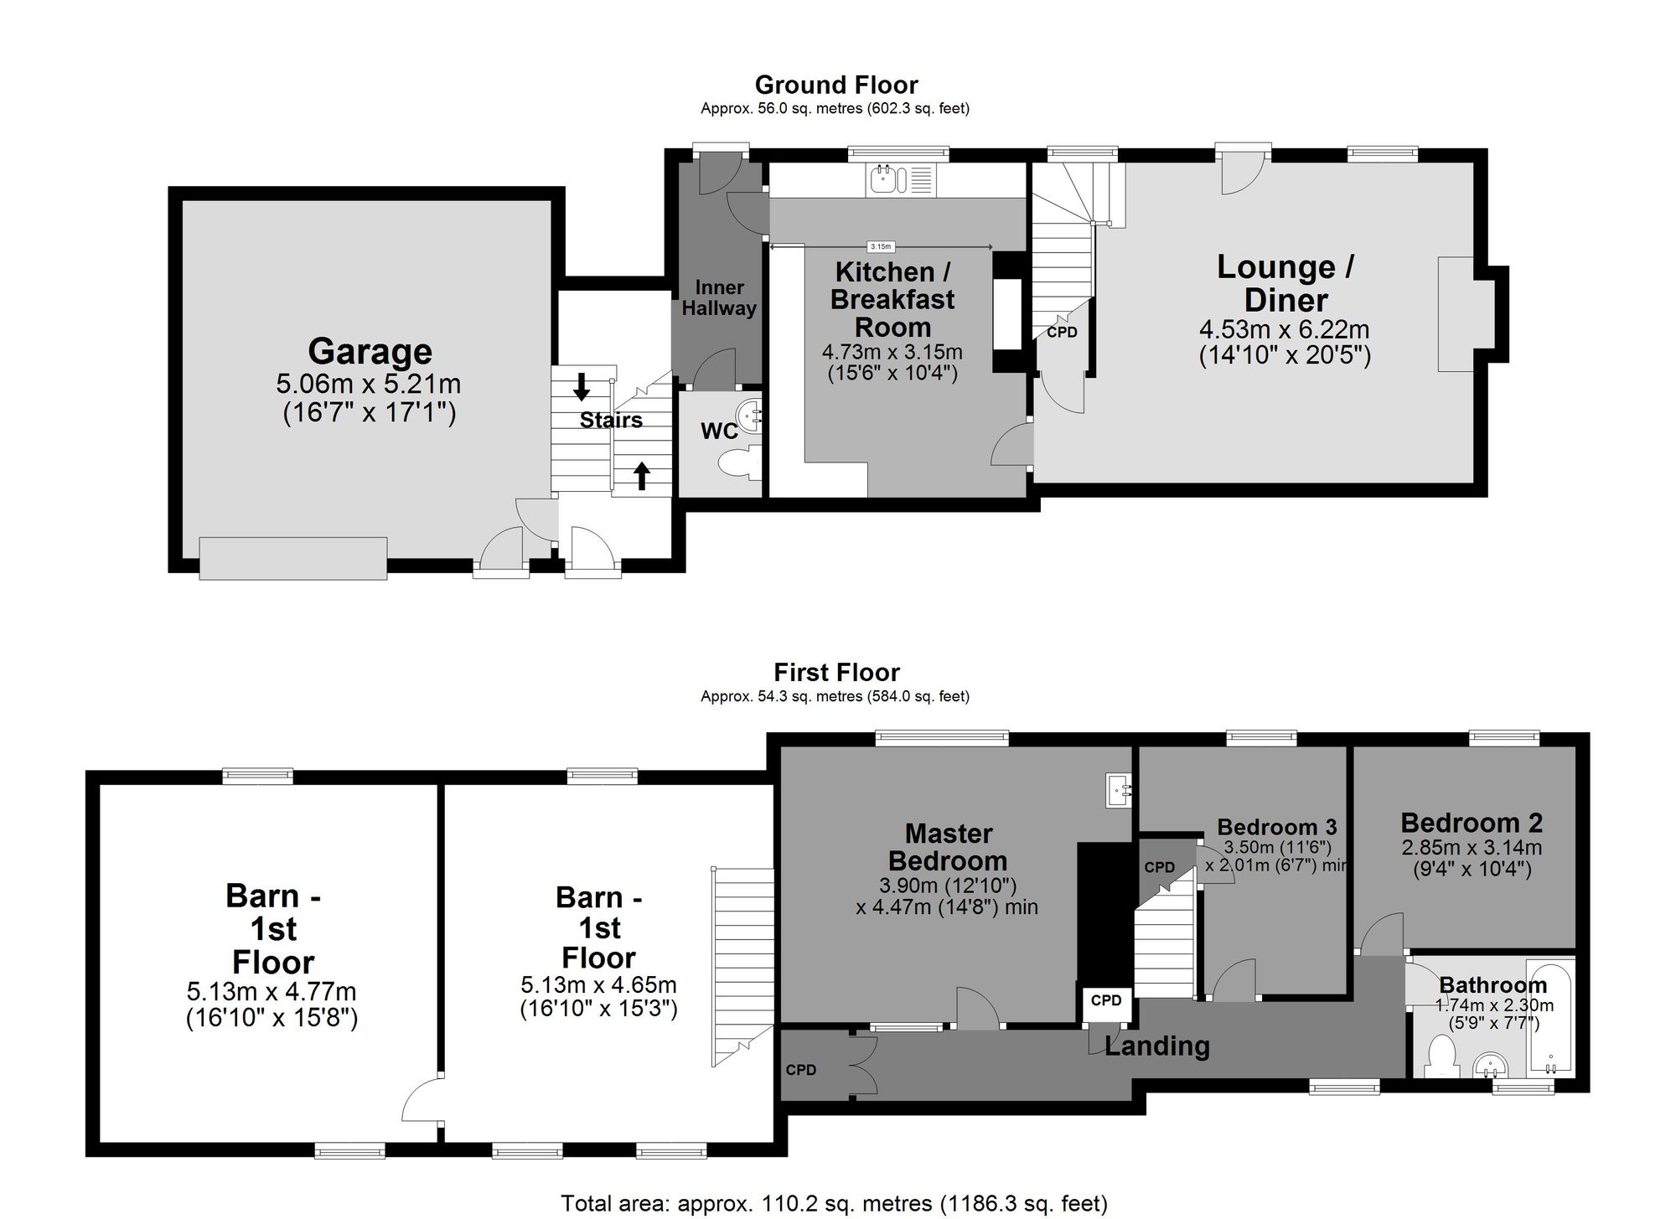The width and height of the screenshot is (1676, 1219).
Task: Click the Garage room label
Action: click(370, 352)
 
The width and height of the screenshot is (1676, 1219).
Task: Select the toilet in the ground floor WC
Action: click(738, 463)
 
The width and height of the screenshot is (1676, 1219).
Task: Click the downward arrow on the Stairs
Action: click(581, 387)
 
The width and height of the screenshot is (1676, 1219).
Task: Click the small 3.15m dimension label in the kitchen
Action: click(881, 246)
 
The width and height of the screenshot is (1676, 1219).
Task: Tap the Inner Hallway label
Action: click(719, 298)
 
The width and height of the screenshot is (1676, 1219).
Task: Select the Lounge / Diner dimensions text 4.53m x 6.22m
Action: click(1284, 329)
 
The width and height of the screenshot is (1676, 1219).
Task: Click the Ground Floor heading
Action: click(835, 85)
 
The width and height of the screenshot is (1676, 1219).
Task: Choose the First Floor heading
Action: click(835, 673)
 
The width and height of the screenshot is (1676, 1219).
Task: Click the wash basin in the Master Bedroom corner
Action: click(1119, 790)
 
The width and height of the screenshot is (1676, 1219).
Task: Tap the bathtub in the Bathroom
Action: click(1552, 1018)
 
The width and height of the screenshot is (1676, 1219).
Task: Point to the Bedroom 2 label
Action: click(1471, 823)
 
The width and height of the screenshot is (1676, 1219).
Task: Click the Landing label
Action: click(1156, 1046)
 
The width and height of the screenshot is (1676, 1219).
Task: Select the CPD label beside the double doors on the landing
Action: click(801, 1070)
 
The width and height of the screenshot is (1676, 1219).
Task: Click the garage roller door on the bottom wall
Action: click(293, 558)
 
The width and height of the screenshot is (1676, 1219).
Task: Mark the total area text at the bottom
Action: click(834, 1204)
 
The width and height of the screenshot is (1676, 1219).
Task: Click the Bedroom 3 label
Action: click(1276, 828)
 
